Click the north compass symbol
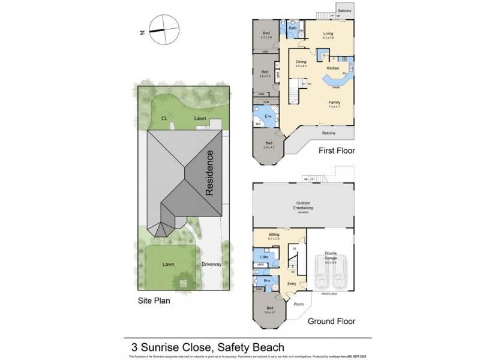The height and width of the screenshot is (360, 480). pos(164,29)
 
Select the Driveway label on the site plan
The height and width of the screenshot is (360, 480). pos(212,264)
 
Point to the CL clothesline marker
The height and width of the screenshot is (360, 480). pos(170,118)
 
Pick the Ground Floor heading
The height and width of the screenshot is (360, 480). pos(331,322)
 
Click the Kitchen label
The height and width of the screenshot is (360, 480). pos(332,68)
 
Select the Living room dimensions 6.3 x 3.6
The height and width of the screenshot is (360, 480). pos(328,38)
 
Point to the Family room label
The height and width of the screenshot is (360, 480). pos(334,102)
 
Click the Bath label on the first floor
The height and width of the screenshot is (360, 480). pos(293,28)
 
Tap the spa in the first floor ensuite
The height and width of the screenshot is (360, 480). pos(259,124)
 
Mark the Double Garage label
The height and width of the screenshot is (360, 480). pos(331,254)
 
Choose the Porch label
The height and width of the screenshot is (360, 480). pos(298,304)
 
